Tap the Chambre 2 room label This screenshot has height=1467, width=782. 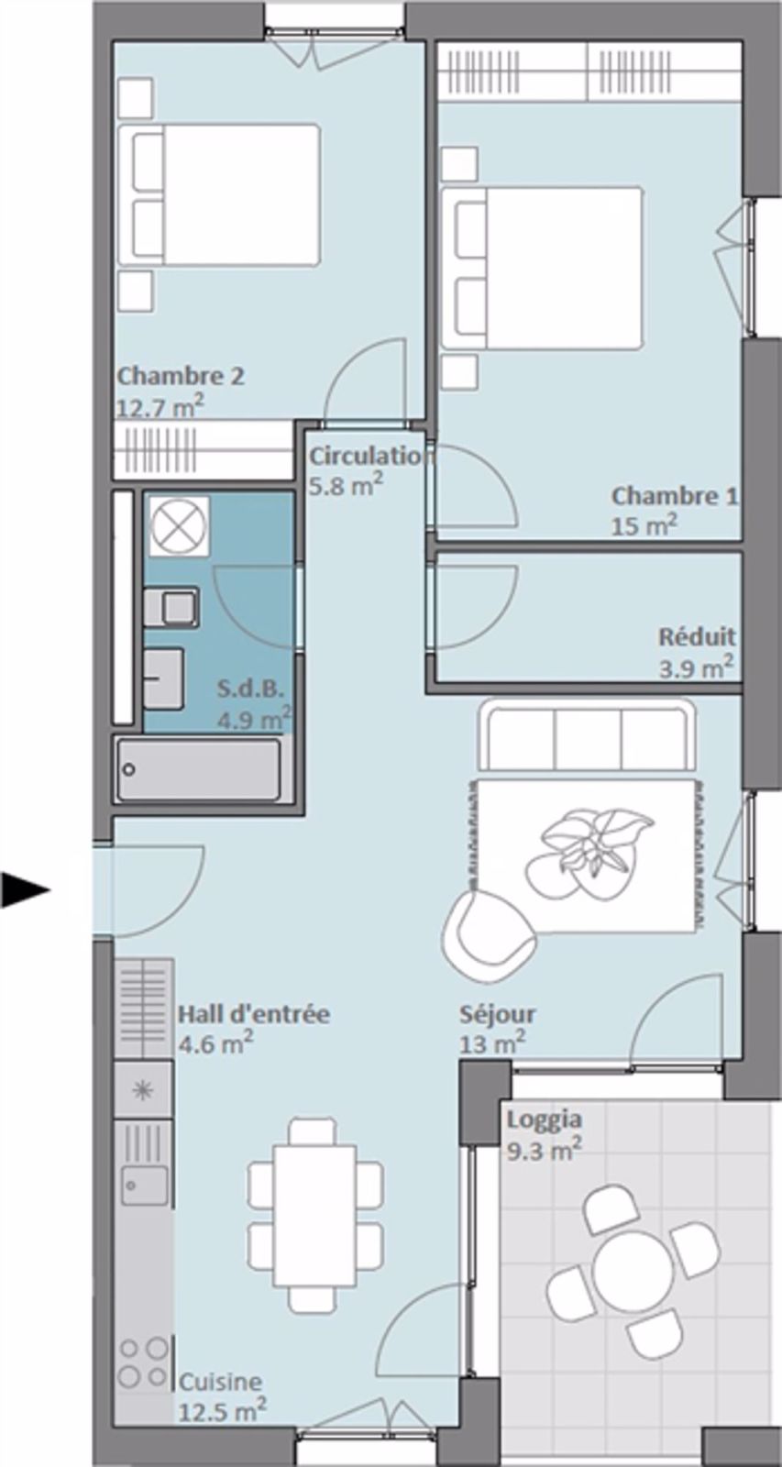[x=181, y=377]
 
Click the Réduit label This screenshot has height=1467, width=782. [x=697, y=636]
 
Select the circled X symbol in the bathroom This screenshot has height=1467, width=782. [x=177, y=526]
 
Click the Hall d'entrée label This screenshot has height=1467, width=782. [x=253, y=1015]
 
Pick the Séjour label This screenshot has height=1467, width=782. [x=497, y=1015]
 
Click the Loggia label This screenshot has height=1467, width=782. [x=544, y=1120]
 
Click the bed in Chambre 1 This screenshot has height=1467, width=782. [x=541, y=268]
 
